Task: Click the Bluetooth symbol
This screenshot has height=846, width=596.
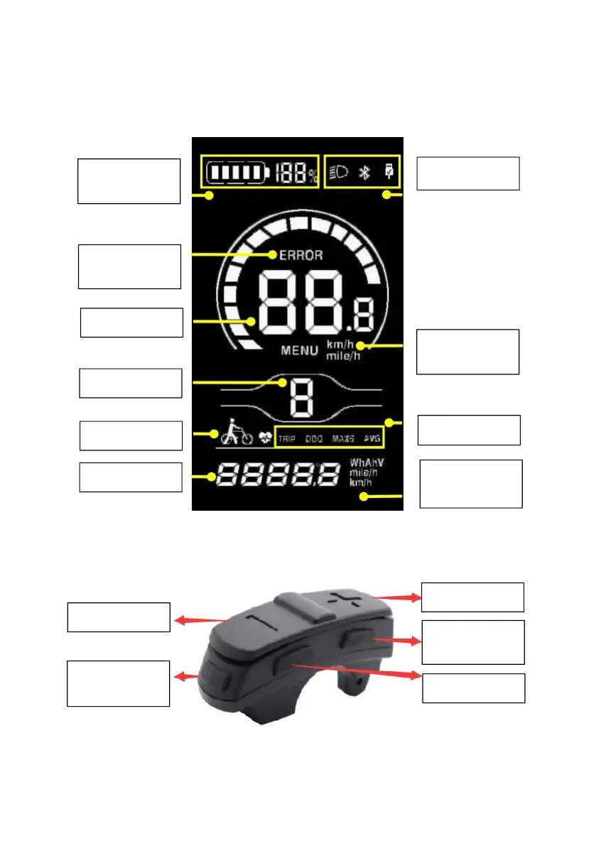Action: (364, 173)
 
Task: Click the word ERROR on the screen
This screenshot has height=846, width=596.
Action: (300, 254)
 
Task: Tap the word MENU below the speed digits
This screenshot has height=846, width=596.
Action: (300, 350)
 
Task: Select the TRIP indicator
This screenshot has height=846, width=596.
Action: (287, 439)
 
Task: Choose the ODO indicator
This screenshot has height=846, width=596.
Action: (313, 439)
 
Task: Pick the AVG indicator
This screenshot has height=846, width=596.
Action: (371, 439)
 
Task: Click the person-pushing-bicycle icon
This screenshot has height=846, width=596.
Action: (236, 430)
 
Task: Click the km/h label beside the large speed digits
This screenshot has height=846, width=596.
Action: (339, 345)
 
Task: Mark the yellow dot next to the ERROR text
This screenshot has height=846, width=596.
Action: (273, 254)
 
